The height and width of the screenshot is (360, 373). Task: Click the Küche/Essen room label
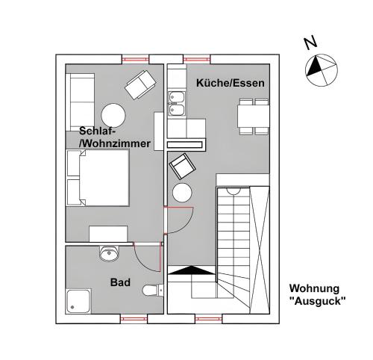pyautogui.click(x=231, y=83)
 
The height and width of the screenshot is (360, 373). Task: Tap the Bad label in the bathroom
pyautogui.click(x=120, y=282)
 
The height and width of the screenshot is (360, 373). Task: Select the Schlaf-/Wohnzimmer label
pyautogui.click(x=115, y=137)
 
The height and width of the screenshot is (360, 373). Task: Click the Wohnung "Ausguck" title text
pyautogui.click(x=317, y=295)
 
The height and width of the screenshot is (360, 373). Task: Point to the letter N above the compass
pyautogui.click(x=310, y=43)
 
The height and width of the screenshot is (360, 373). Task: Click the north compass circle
pyautogui.click(x=322, y=70)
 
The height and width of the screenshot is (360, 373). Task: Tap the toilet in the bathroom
pyautogui.click(x=153, y=290)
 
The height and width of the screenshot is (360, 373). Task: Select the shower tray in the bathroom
pyautogui.click(x=78, y=301)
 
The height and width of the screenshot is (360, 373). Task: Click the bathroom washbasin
pyautogui.click(x=109, y=253)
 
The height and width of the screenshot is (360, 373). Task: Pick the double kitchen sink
pyautogui.click(x=177, y=104)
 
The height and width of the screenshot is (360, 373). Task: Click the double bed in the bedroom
pyautogui.click(x=98, y=178)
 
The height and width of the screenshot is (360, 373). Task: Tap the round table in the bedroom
pyautogui.click(x=113, y=116)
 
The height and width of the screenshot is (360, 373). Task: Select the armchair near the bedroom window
pyautogui.click(x=140, y=84)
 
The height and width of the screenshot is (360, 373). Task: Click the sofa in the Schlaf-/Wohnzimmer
pyautogui.click(x=80, y=102)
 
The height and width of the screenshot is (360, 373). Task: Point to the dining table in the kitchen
pyautogui.click(x=254, y=117)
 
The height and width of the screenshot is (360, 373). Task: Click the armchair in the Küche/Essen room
pyautogui.click(x=182, y=167)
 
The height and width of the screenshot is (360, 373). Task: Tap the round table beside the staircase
pyautogui.click(x=182, y=193)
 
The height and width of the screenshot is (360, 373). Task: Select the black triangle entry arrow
pyautogui.click(x=191, y=270)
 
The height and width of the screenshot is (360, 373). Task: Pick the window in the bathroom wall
pyautogui.click(x=134, y=319)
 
